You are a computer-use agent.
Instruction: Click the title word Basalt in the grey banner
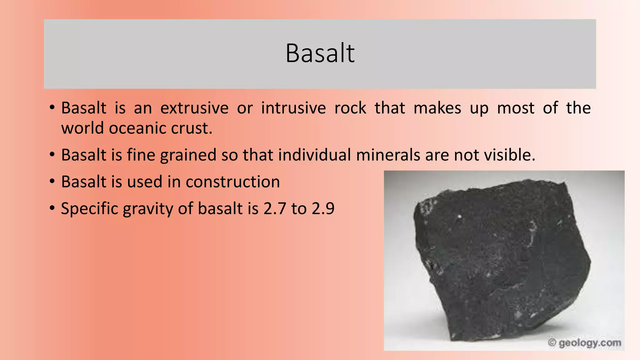(320, 53)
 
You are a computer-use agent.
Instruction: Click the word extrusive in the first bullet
(194, 108)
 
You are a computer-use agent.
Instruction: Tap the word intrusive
(293, 108)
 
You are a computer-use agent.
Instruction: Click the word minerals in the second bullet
(388, 155)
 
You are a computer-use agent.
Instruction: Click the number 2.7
(275, 209)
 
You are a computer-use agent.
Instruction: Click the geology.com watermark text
(590, 343)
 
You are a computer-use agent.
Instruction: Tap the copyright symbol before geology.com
(552, 342)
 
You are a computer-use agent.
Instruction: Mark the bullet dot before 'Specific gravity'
(52, 208)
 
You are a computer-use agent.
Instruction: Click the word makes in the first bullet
(437, 108)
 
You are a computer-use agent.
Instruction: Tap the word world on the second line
(82, 128)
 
